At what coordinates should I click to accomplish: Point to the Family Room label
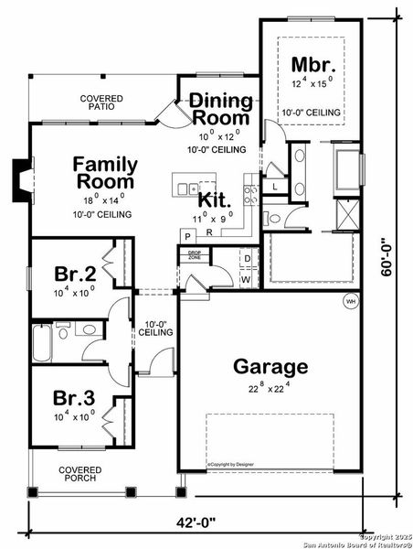coord(106,173)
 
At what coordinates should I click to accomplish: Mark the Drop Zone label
coord(194,255)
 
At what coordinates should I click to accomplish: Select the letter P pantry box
coord(185,235)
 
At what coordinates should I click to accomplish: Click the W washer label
coord(247,278)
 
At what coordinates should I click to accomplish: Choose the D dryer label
coord(247,259)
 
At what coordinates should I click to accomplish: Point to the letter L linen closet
coord(276,187)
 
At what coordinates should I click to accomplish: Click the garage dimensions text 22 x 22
coord(270,389)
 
